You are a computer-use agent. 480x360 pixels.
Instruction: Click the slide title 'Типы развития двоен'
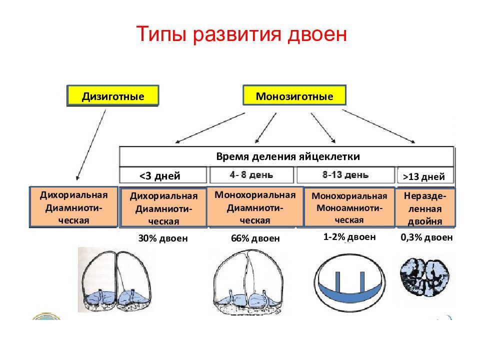click(241, 35)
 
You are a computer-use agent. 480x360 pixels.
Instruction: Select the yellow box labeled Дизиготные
click(113, 95)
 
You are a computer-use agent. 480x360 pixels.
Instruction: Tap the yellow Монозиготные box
click(294, 95)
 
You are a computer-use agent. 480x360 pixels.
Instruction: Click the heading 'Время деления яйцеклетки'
click(287, 156)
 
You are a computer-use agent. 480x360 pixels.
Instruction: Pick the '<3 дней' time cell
click(162, 175)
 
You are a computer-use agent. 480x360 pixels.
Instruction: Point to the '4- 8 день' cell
click(251, 175)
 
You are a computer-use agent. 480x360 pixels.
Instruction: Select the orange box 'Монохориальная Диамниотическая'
click(254, 207)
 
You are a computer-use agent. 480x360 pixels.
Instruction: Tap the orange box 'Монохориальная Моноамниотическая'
click(349, 207)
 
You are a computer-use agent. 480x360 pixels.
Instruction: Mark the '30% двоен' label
click(163, 238)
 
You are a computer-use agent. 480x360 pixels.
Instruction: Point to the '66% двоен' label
click(255, 239)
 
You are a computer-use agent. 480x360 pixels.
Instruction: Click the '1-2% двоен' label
click(349, 237)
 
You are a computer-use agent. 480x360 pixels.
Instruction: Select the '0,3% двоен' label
click(426, 237)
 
